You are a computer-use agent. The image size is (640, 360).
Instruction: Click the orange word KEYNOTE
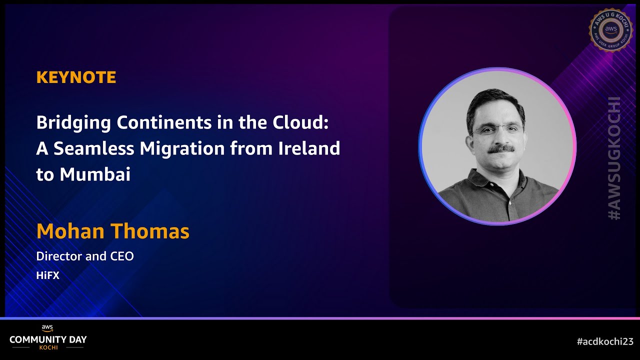click(x=76, y=77)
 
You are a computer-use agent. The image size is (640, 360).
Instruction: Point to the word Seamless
click(x=93, y=148)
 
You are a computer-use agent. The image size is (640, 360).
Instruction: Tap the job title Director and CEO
click(x=85, y=256)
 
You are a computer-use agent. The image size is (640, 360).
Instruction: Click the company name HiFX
click(x=47, y=275)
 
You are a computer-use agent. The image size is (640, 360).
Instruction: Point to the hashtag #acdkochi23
click(x=604, y=341)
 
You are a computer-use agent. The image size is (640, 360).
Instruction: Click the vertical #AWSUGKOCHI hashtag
click(x=614, y=158)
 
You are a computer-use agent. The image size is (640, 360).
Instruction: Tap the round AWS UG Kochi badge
click(x=611, y=29)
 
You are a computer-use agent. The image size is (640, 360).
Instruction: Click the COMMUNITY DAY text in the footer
click(x=48, y=339)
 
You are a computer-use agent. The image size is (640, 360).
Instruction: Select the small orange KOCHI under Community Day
click(x=48, y=347)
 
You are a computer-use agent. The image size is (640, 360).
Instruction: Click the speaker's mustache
click(x=500, y=148)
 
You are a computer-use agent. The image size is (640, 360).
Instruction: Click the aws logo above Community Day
click(x=47, y=328)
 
